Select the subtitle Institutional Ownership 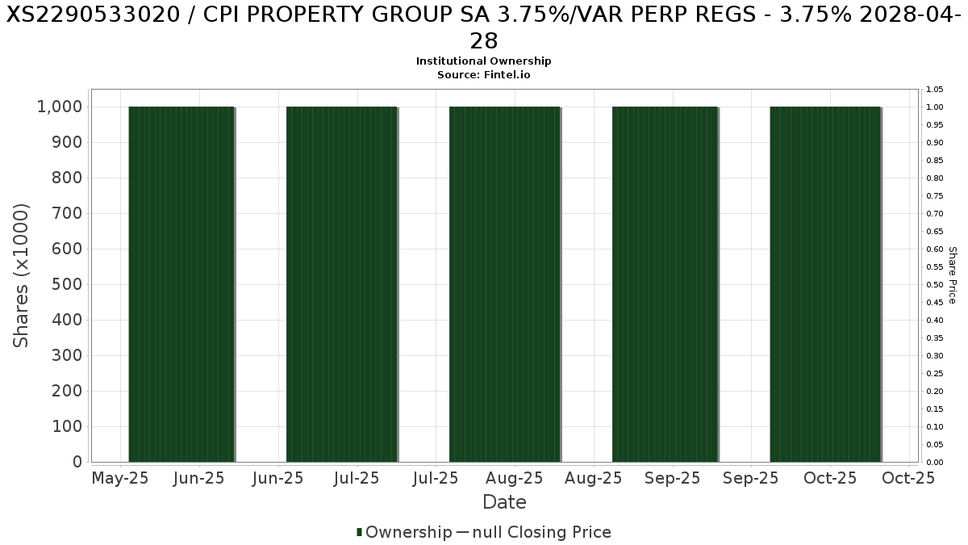(x=484, y=61)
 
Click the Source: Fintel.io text (x=484, y=74)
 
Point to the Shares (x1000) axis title (x=22, y=275)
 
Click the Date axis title (x=504, y=502)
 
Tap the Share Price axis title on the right (x=952, y=275)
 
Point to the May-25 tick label (x=121, y=478)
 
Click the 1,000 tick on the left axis (x=60, y=107)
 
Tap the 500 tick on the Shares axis (x=68, y=284)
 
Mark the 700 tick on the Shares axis (x=68, y=213)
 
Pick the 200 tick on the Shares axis (x=68, y=391)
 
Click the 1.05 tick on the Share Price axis (x=934, y=89)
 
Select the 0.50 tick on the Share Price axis (x=934, y=284)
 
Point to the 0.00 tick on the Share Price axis (x=934, y=462)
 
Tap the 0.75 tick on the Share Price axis (x=934, y=195)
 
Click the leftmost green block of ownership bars (x=181, y=284)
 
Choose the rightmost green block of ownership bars (x=825, y=284)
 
